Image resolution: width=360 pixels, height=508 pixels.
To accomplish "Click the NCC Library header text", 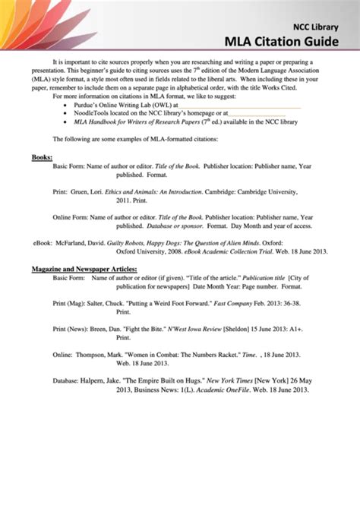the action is (x=311, y=27).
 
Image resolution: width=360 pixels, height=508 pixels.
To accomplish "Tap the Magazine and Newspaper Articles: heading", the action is (x=84, y=268).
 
